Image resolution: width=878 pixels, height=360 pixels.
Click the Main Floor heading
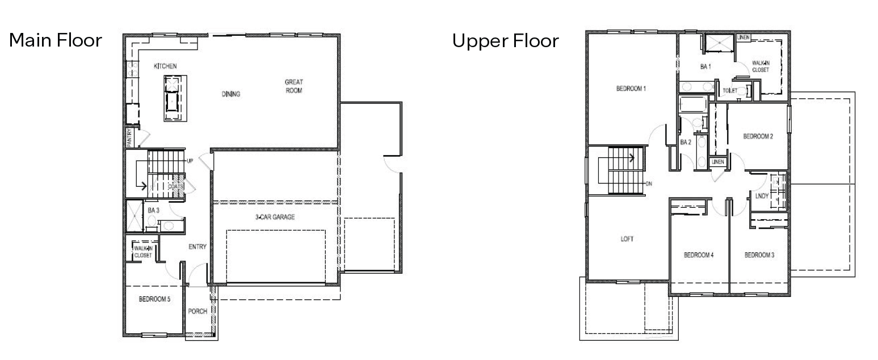point(55,41)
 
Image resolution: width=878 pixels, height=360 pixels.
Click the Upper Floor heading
point(505,41)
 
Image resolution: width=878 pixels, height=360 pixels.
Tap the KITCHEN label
point(165,67)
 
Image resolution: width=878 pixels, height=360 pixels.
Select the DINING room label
point(231,94)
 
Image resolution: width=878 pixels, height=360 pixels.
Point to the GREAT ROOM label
point(293,86)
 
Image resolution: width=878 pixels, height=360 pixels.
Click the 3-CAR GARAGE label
point(275,217)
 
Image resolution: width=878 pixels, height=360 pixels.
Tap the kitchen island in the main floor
point(171,98)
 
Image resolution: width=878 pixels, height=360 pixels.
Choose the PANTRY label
point(129,137)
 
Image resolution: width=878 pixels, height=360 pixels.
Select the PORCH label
point(198,311)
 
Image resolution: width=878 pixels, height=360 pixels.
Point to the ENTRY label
point(197,247)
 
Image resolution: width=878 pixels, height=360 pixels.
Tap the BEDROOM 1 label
point(631,89)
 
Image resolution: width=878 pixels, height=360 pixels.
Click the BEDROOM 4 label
point(698,256)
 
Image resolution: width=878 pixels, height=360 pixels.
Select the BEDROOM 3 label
point(759,256)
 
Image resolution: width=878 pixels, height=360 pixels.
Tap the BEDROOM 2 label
point(758,136)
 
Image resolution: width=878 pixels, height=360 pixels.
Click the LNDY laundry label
point(762,196)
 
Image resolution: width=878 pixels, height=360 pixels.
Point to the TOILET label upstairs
point(729,91)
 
